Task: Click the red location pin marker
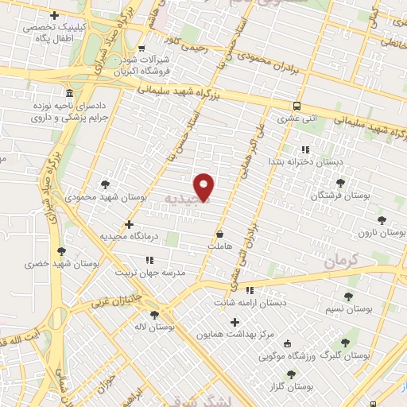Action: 204,186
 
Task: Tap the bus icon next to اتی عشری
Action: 297,106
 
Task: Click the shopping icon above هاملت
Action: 219,235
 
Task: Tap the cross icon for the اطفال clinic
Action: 54,15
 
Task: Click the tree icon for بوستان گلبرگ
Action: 345,343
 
